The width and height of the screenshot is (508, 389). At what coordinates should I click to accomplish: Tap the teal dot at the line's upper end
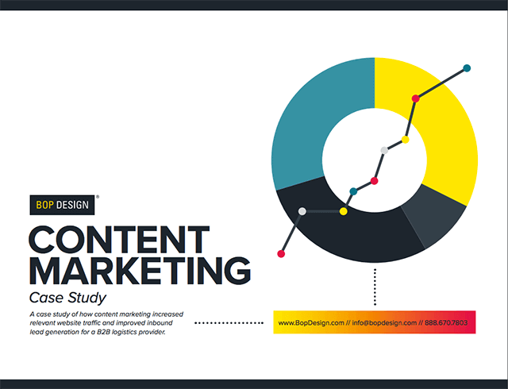(467, 68)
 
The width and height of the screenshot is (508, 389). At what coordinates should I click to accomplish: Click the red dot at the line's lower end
(281, 254)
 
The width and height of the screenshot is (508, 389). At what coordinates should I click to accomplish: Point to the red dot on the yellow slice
(416, 98)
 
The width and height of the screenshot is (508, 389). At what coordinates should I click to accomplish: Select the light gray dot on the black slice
(302, 211)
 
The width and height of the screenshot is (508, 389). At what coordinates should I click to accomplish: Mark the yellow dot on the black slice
(344, 211)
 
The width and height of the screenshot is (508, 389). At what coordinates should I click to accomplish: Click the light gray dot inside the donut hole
(384, 150)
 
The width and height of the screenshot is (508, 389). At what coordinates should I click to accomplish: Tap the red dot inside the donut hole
(374, 181)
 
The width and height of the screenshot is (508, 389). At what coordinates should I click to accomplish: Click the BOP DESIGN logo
(62, 205)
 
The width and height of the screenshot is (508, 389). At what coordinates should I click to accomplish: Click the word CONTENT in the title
(119, 240)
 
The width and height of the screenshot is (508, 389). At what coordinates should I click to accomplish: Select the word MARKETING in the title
(140, 271)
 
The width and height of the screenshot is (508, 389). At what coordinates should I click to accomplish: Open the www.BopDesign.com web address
(311, 323)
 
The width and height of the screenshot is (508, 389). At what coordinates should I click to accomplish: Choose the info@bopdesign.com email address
(384, 323)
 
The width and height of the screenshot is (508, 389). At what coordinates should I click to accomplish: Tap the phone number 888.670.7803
(446, 323)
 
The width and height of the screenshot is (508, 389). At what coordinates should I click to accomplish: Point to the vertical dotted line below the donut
(375, 287)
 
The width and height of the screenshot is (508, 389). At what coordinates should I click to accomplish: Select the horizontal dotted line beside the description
(229, 323)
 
